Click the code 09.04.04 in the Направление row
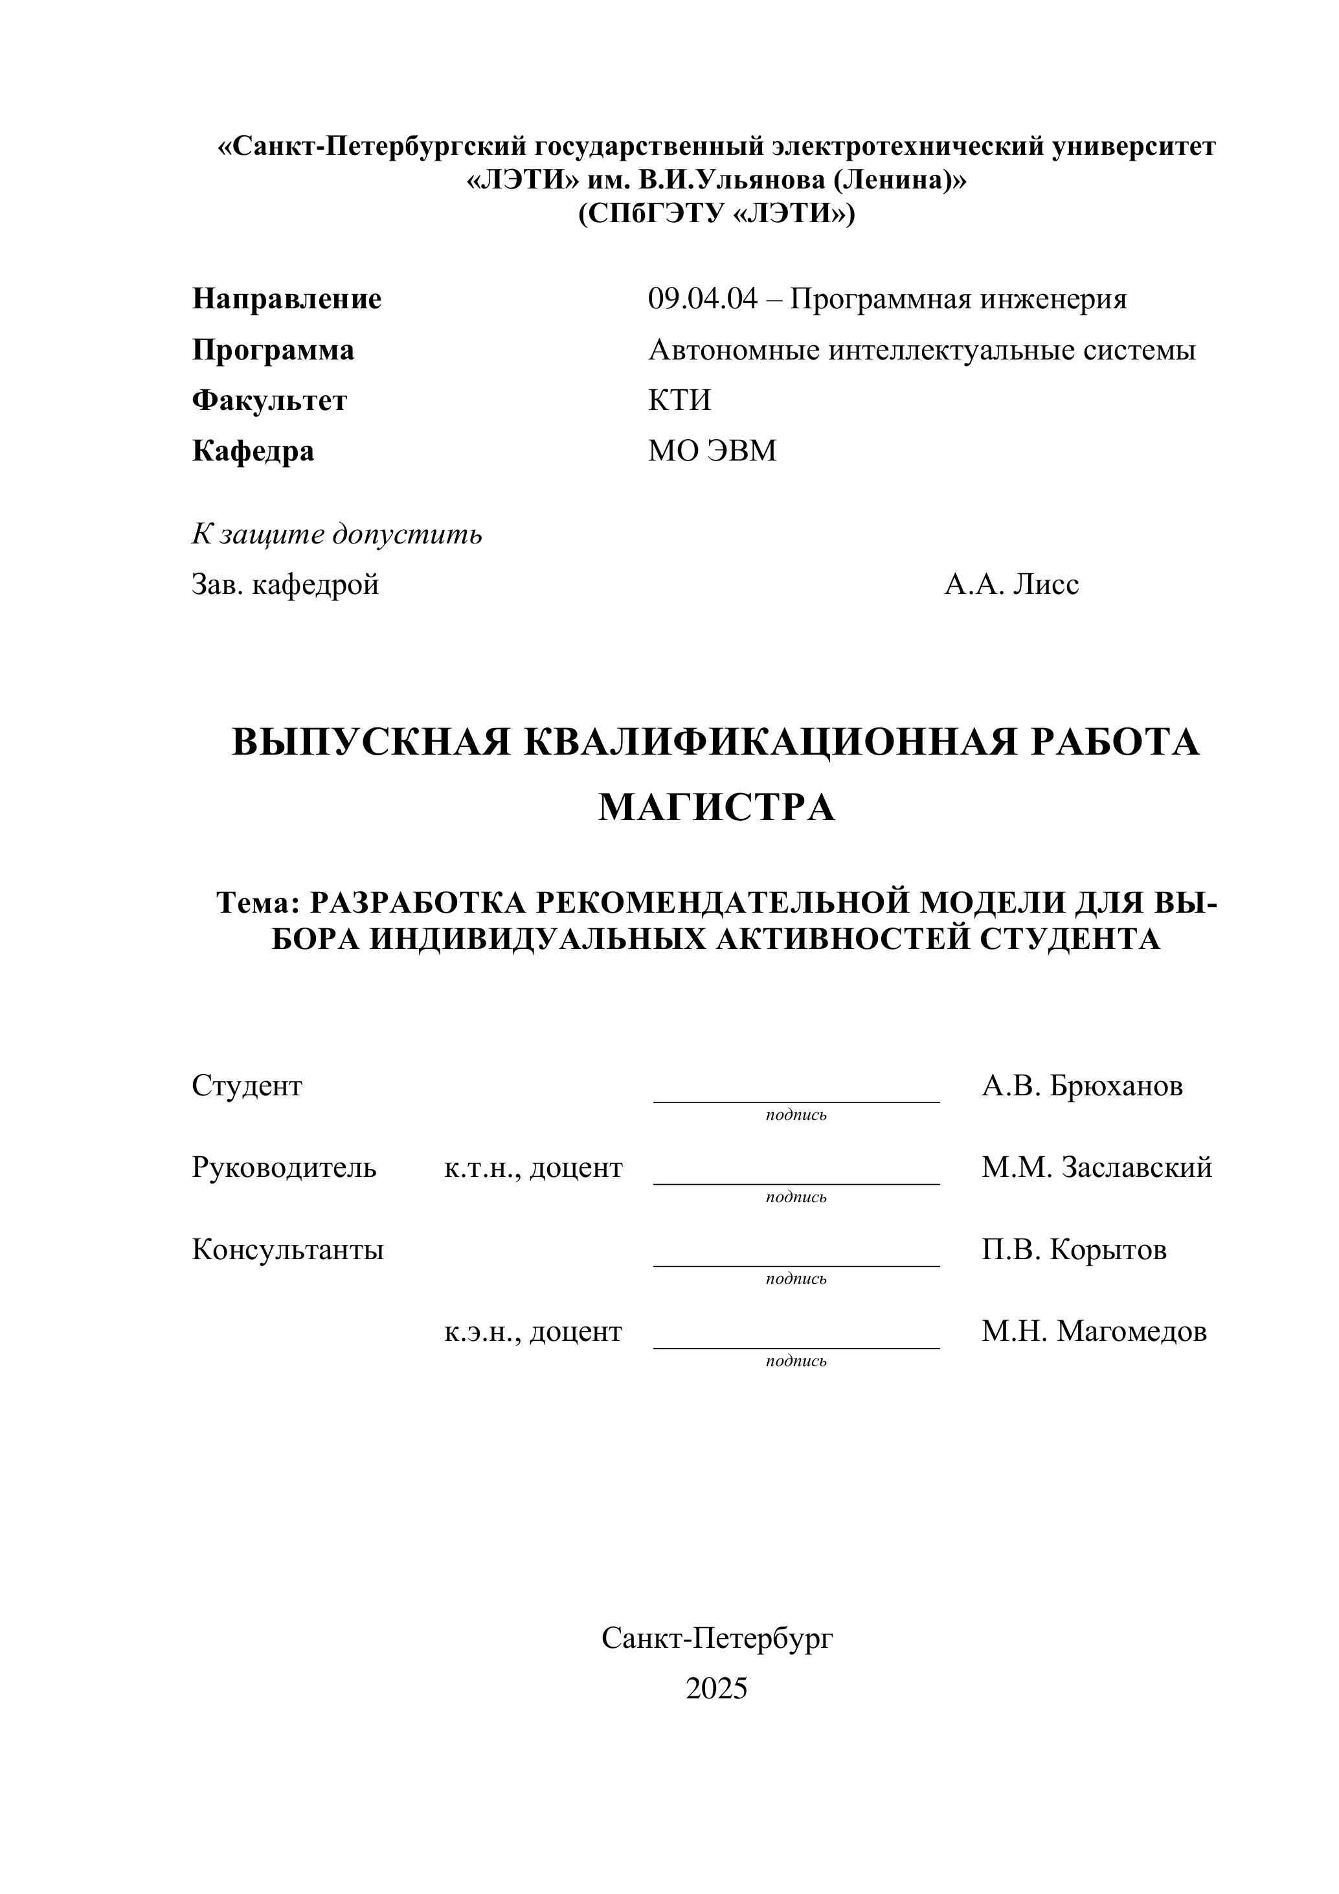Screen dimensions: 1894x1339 coord(702,299)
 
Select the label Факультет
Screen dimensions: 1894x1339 coord(269,401)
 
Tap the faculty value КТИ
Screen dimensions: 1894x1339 coord(679,401)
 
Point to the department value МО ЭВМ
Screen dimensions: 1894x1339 coord(712,451)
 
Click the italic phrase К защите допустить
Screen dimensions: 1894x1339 coord(337,534)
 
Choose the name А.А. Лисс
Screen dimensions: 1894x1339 coord(1011,585)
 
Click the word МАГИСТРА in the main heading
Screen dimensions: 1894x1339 coord(717,808)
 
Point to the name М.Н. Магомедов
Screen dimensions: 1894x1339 coord(1094,1331)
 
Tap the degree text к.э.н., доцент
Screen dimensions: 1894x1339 coord(533,1331)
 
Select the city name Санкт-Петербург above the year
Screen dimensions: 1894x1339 coord(717,1638)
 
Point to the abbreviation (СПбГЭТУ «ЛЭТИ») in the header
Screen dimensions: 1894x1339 coord(717,214)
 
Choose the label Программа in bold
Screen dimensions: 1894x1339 coord(273,350)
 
